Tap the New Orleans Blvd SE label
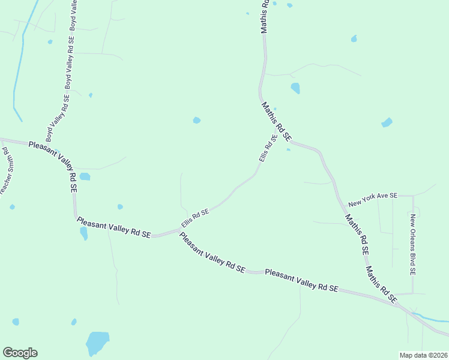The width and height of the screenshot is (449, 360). [412, 244]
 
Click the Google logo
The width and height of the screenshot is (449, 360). [20, 353]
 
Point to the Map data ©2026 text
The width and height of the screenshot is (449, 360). [423, 355]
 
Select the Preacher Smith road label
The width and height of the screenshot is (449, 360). [7, 172]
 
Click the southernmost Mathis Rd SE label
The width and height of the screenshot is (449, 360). [382, 284]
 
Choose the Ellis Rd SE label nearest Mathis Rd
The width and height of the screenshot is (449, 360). [268, 148]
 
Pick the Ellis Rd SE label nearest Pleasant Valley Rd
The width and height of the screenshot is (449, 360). [195, 218]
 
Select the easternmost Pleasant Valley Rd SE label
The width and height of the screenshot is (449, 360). [302, 280]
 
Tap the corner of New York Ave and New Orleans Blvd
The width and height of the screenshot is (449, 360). [412, 196]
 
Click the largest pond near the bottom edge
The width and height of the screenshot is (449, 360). [97, 343]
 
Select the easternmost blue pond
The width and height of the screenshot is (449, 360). [387, 123]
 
